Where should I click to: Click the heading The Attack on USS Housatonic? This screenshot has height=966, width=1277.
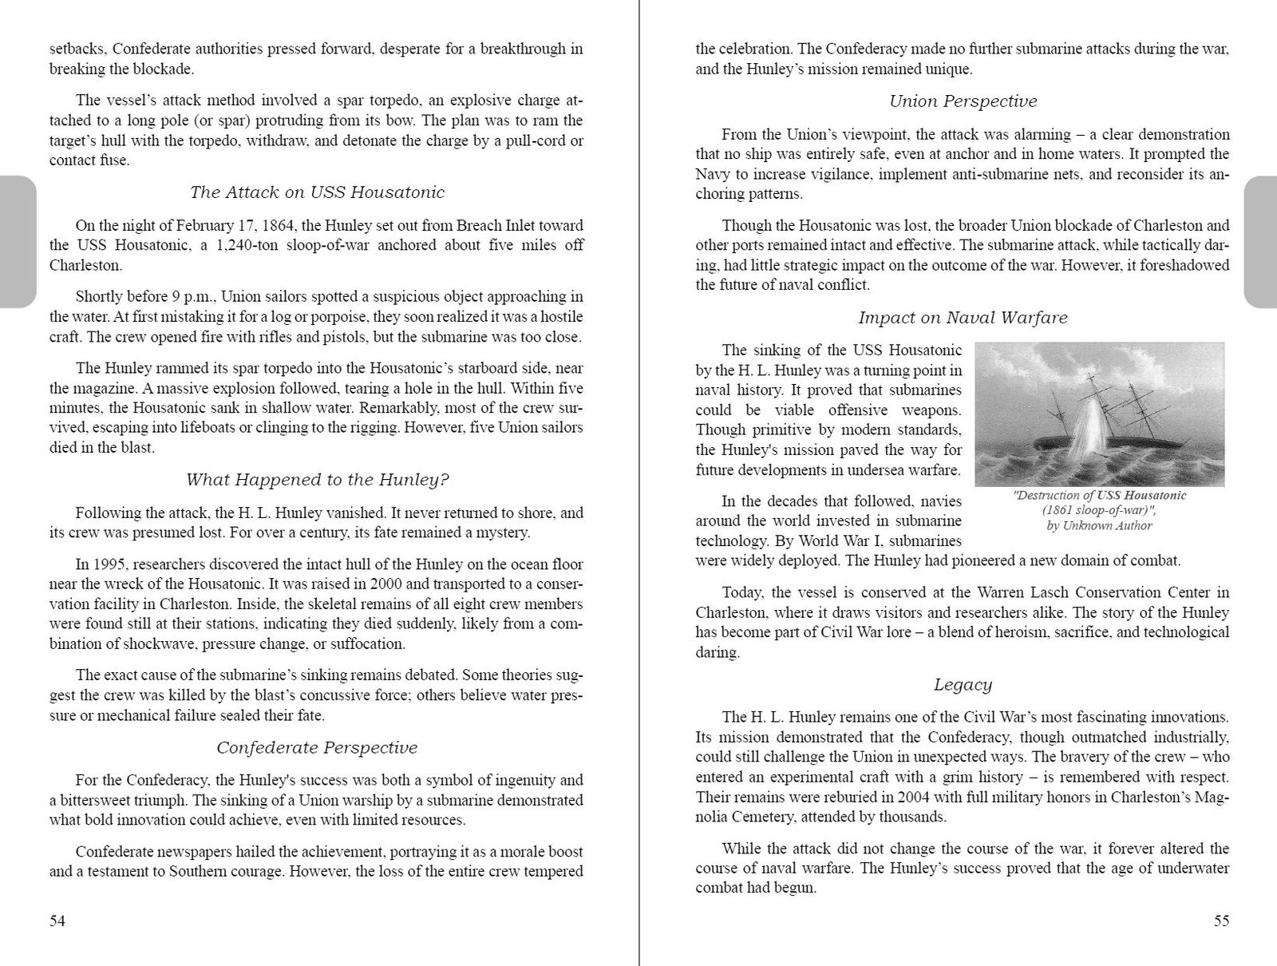pos(317,192)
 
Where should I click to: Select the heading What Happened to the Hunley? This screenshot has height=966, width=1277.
pos(317,480)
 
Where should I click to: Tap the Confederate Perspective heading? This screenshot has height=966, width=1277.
pos(317,748)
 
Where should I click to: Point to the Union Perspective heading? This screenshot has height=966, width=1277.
pos(963,101)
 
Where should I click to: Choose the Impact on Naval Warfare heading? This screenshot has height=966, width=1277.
pos(963,318)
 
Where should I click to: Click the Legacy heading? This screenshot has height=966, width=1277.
pos(963,685)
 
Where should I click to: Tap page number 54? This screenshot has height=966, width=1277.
pos(57,921)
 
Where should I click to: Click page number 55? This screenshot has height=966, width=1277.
pos(1221,921)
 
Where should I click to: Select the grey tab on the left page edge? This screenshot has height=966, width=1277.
pos(16,241)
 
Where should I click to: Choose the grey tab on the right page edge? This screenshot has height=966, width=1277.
pos(1261,241)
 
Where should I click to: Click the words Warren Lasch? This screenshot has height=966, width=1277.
pos(1026,592)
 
